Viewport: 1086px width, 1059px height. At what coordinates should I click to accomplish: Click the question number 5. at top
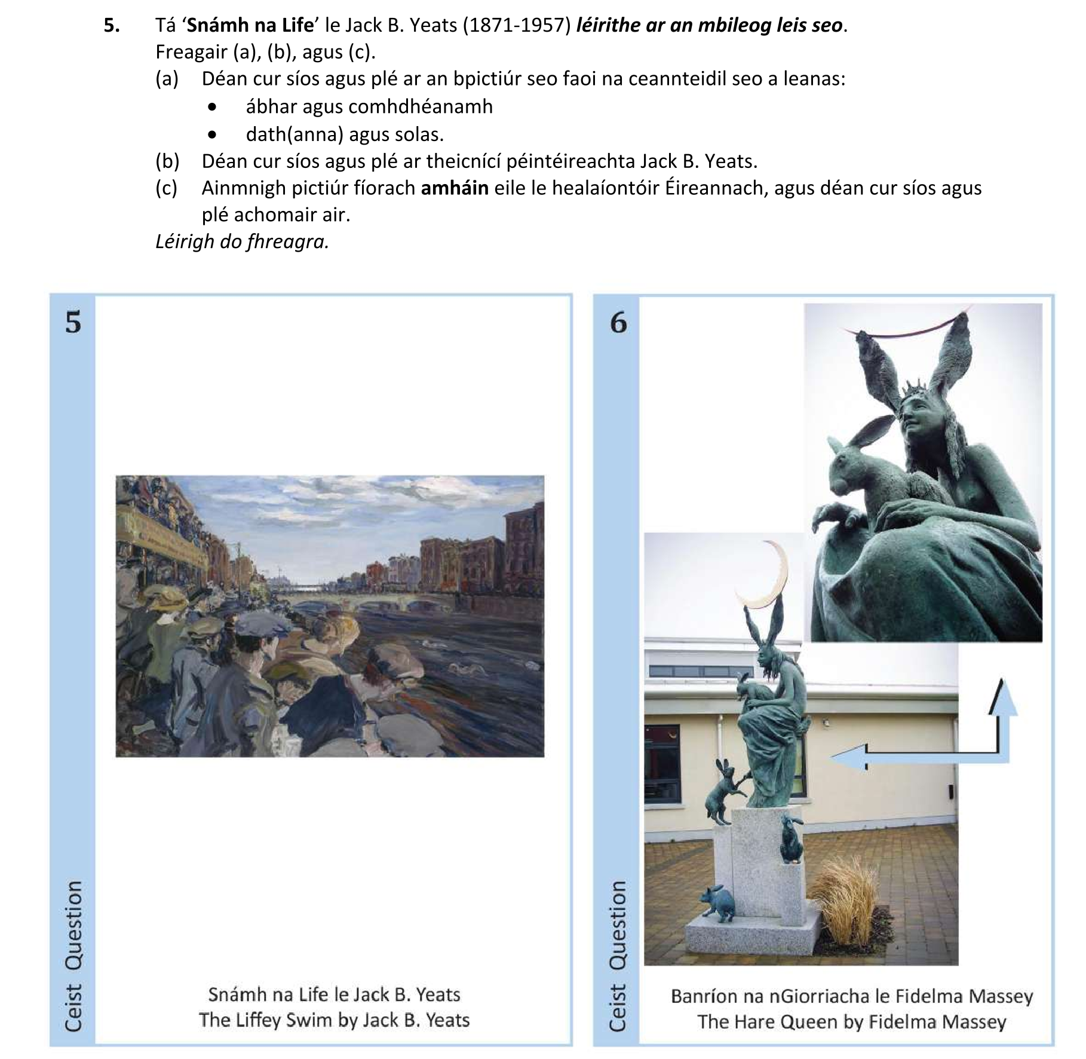[x=112, y=26]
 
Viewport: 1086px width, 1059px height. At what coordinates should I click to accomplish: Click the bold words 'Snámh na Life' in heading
[x=250, y=26]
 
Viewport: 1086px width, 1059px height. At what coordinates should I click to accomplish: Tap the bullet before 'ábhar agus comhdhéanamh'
[x=212, y=108]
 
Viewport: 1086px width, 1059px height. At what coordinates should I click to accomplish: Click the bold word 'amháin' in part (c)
[x=455, y=188]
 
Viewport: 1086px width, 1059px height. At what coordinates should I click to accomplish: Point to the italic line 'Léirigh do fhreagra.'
[x=242, y=241]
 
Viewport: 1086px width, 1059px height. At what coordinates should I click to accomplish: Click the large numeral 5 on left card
[x=73, y=323]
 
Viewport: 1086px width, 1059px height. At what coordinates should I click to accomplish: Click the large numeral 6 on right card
[x=618, y=323]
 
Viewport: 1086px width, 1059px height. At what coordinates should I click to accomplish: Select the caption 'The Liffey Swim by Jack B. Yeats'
[x=334, y=1020]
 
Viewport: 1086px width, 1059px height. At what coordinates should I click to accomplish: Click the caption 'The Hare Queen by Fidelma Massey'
[x=851, y=1021]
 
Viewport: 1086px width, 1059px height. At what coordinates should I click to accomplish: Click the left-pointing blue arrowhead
[x=845, y=757]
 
